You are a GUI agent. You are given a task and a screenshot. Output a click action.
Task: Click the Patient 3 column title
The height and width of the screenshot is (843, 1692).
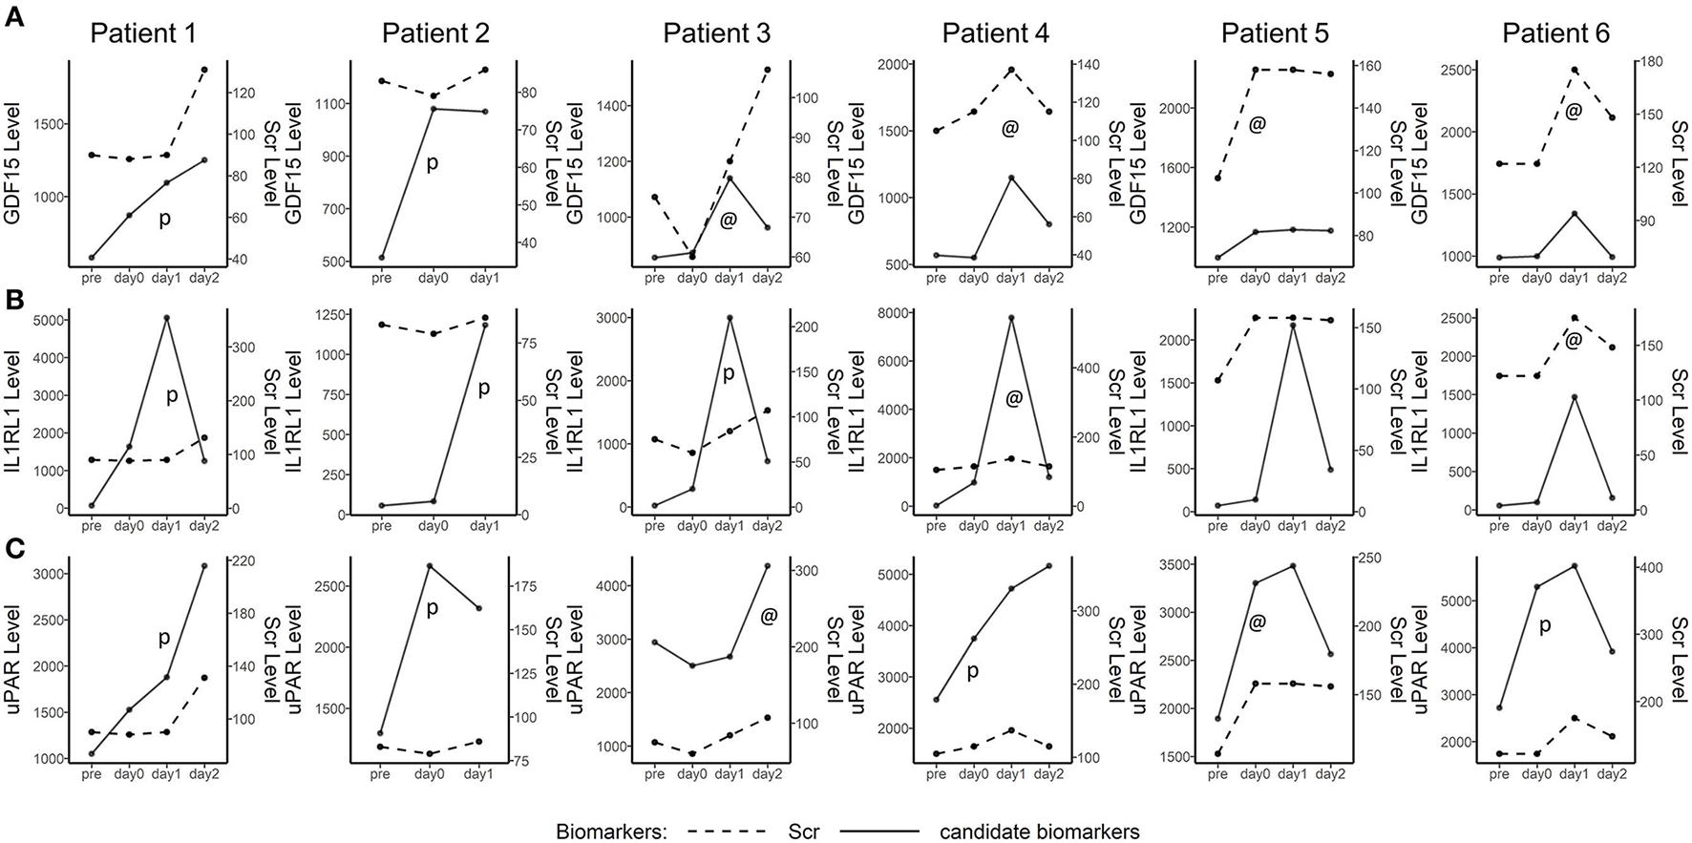click(x=716, y=33)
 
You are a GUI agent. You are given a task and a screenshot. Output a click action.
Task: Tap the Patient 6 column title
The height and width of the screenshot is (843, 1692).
click(x=1555, y=33)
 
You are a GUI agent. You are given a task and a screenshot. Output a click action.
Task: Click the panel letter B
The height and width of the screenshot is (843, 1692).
click(x=14, y=298)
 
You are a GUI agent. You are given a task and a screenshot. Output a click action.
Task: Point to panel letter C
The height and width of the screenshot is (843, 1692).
click(x=14, y=549)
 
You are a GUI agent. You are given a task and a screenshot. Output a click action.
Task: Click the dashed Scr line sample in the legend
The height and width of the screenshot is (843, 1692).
click(x=730, y=832)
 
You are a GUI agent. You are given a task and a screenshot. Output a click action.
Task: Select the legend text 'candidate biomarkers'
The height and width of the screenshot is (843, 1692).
click(x=1039, y=832)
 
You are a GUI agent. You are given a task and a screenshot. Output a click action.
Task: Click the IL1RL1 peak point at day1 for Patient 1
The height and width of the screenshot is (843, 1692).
click(x=166, y=317)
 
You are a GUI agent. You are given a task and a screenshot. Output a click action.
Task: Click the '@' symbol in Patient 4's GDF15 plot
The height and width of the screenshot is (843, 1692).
click(x=1010, y=128)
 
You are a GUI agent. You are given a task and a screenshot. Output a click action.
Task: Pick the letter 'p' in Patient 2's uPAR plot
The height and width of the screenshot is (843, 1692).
click(x=432, y=607)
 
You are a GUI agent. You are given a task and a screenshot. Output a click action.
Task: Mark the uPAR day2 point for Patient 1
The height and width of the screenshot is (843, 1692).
click(x=203, y=566)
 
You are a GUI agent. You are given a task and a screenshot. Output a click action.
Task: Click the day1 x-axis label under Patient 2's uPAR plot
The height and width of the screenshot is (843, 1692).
click(x=484, y=774)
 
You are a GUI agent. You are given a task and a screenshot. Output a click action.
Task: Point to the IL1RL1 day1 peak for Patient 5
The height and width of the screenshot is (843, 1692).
click(x=1293, y=326)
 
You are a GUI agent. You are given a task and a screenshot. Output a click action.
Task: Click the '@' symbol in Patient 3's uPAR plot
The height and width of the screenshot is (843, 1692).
click(x=769, y=617)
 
